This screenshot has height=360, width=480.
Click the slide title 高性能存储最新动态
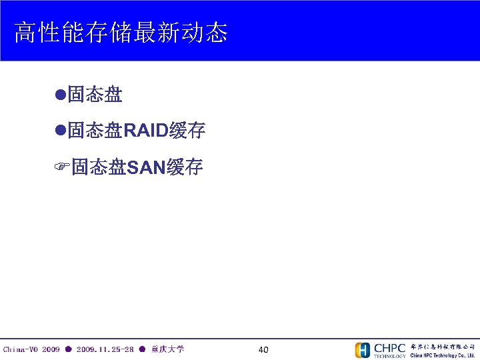121,32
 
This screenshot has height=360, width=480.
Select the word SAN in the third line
145,167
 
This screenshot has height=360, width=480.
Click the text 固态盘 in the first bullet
95,95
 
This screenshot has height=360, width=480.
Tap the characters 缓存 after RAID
187,131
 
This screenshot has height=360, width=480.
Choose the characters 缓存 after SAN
185,167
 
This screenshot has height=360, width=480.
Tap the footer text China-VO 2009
31,349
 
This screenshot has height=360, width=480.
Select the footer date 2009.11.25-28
105,349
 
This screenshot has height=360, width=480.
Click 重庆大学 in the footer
167,349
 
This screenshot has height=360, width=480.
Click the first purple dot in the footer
68,349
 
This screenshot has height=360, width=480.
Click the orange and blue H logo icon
362,350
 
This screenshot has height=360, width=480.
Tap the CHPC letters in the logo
389,347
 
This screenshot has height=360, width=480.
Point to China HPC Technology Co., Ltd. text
442,355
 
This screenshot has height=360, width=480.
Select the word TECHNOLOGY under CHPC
389,356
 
